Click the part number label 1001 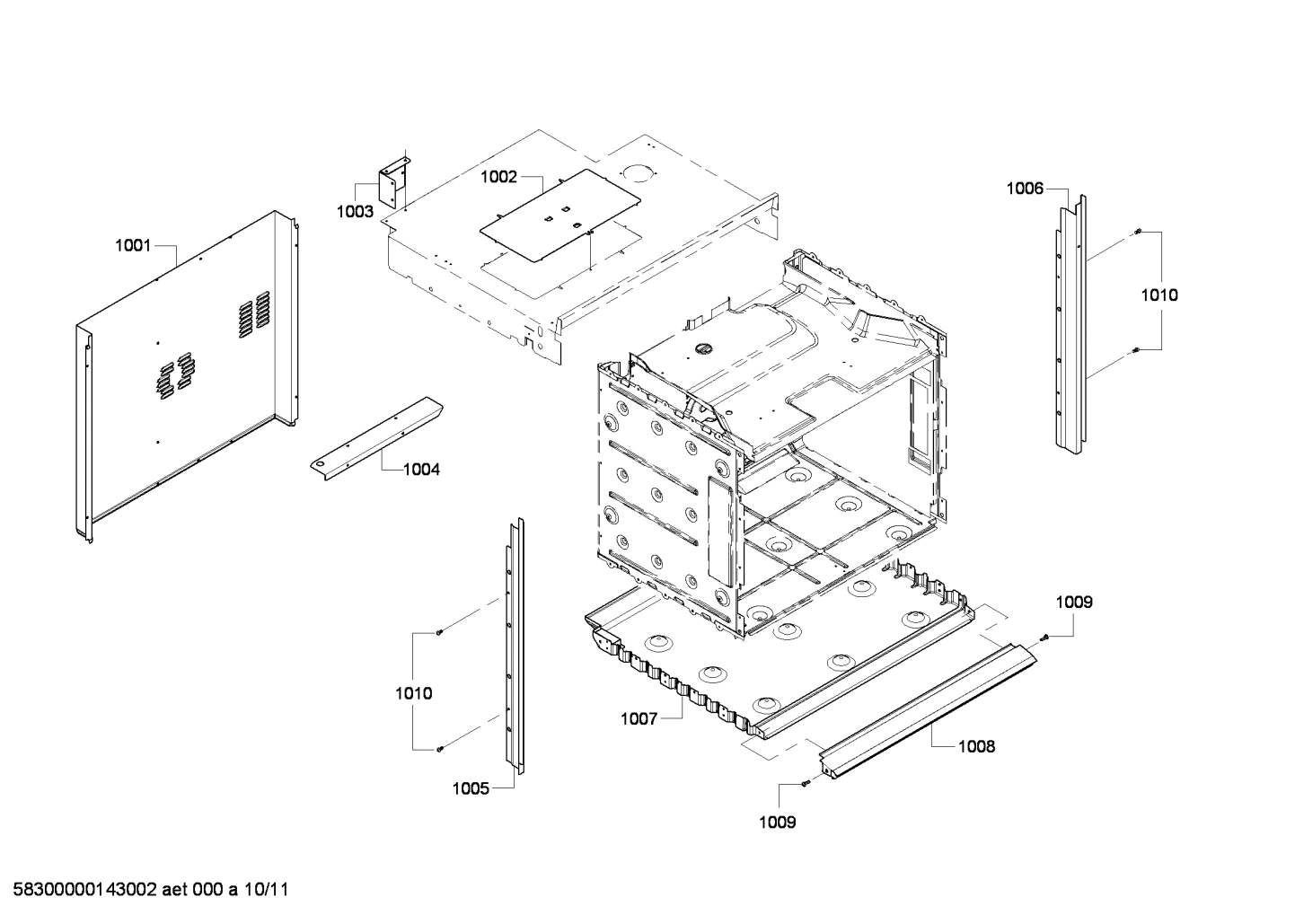[133, 245]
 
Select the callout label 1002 [498, 177]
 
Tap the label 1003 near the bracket [355, 212]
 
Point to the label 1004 [421, 469]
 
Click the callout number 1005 [471, 788]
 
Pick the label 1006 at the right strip [1025, 188]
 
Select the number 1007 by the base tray [639, 718]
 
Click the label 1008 [976, 746]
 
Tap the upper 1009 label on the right [1073, 602]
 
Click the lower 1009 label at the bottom [777, 822]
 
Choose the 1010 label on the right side [1159, 295]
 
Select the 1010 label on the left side [413, 693]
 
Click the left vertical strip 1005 [513, 647]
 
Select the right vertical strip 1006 [1070, 323]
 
